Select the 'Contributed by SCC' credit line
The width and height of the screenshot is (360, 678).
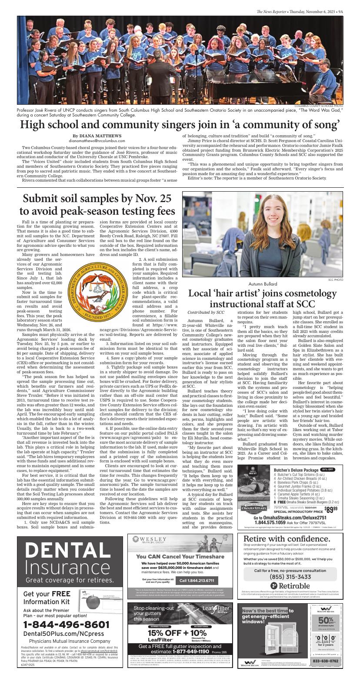(206, 312)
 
